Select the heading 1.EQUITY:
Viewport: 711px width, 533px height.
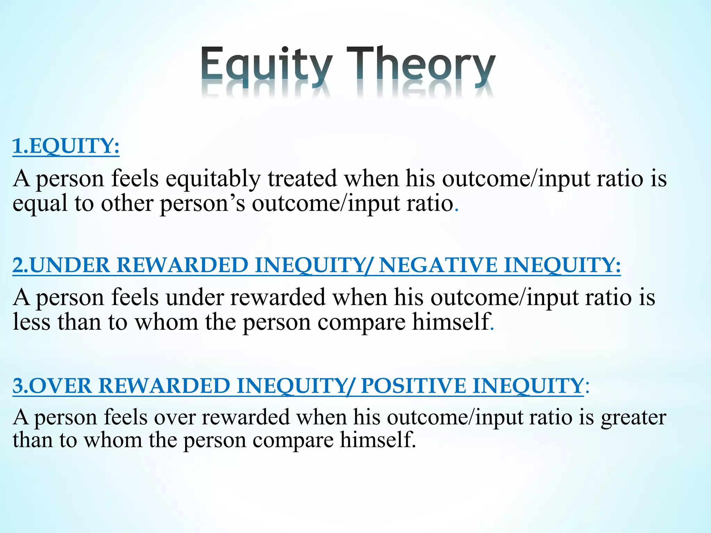[66, 146]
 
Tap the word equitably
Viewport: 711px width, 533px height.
[213, 179]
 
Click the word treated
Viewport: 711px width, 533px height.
[302, 179]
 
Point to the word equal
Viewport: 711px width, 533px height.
[40, 204]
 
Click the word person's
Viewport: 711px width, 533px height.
[202, 204]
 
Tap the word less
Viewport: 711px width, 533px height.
[32, 322]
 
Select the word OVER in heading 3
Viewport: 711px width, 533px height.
[63, 386]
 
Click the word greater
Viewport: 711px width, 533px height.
[634, 418]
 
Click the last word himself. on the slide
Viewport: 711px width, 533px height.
[378, 440]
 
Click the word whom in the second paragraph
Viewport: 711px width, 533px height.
[166, 322]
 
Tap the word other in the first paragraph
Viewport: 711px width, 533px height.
[127, 204]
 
